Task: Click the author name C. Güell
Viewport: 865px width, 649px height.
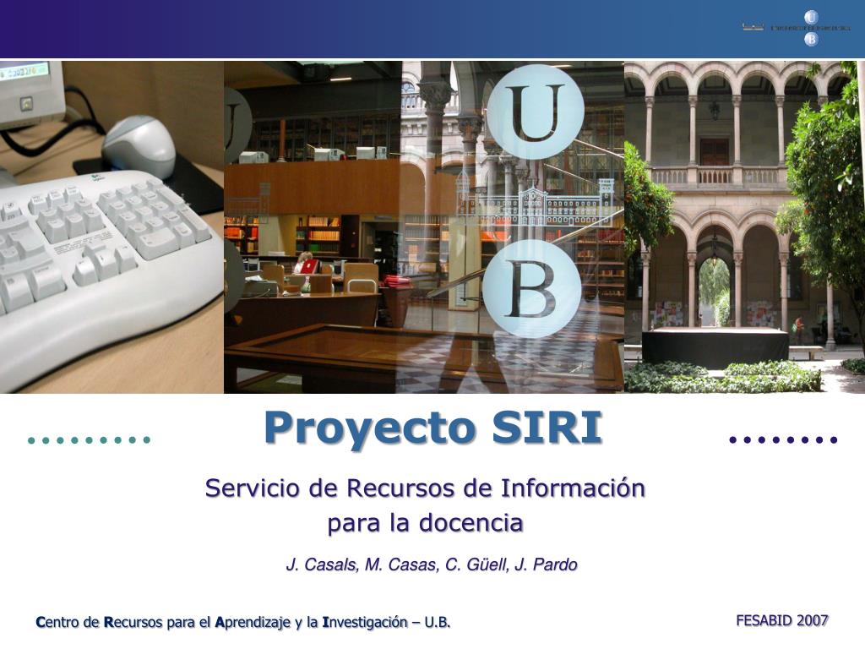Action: [x=477, y=564]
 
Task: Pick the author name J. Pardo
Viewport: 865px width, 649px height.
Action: [x=547, y=564]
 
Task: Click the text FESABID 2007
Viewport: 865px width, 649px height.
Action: [x=781, y=620]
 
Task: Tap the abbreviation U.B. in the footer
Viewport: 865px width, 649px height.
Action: [x=437, y=623]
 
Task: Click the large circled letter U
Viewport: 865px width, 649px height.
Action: [x=535, y=112]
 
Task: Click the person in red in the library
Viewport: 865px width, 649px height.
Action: [x=306, y=264]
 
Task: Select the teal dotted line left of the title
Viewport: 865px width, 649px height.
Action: [x=88, y=439]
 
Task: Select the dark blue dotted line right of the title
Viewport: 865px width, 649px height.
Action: [x=782, y=439]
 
